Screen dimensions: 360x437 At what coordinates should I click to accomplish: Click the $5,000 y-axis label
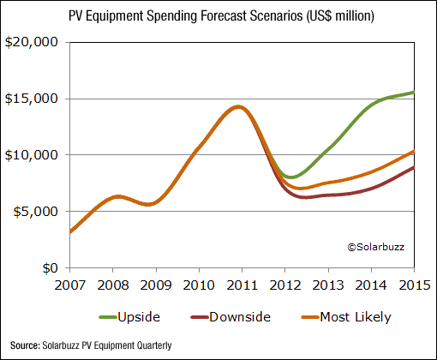(33, 212)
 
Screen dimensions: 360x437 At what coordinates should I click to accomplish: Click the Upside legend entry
(128, 316)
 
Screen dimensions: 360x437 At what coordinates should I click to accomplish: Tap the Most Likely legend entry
(343, 316)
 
